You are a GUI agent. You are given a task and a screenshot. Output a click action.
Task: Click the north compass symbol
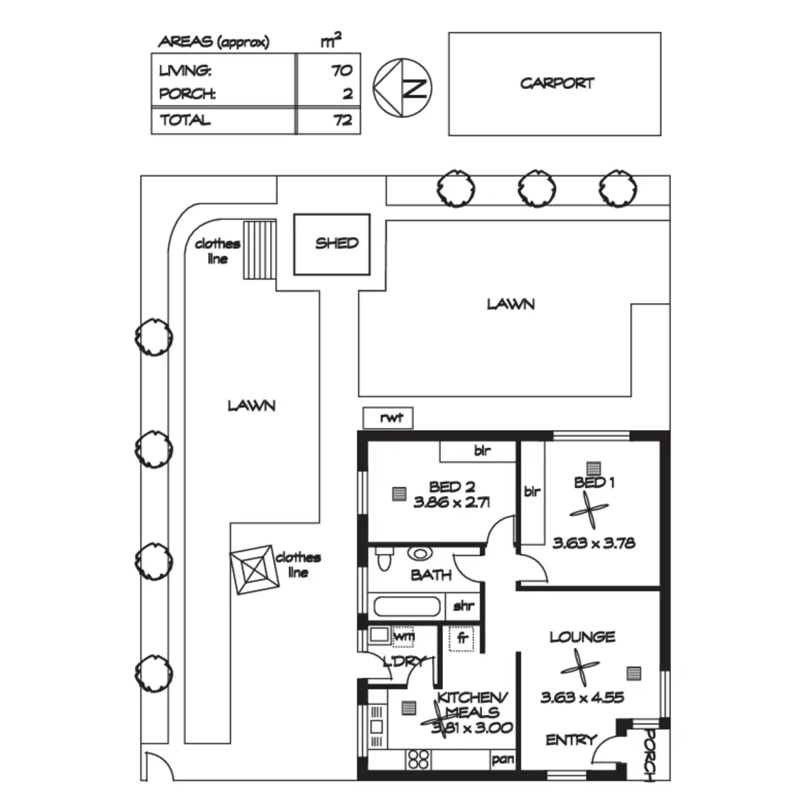[402, 88]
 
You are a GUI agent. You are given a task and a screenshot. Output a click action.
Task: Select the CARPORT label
[557, 83]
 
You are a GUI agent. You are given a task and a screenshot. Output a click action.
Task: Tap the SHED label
[337, 243]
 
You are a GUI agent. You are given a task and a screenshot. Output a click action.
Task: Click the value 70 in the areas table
[342, 70]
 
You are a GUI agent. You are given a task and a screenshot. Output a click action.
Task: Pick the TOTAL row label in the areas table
[185, 120]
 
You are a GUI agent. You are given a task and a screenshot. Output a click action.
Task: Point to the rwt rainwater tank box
[388, 418]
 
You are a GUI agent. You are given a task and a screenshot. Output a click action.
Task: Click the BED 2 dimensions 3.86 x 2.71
[452, 502]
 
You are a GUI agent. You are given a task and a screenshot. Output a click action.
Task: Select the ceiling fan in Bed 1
[589, 510]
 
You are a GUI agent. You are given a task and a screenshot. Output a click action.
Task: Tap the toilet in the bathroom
[384, 559]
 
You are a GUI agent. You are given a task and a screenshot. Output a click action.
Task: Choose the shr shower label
[464, 606]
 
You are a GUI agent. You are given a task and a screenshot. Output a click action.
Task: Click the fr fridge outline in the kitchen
[461, 639]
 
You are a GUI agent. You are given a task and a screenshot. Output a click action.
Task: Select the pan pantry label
[503, 759]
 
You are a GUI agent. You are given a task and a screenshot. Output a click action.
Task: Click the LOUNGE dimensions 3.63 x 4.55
[582, 697]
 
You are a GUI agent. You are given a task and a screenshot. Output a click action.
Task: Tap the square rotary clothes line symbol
[254, 570]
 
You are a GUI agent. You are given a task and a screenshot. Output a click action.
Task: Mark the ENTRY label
[571, 739]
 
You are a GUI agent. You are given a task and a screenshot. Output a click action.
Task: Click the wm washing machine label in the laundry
[404, 636]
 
